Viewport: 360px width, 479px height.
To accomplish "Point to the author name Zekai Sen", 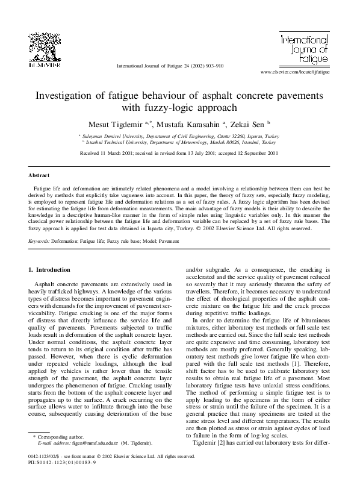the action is pos(249,124).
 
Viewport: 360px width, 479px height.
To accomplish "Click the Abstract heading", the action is pos(39,175).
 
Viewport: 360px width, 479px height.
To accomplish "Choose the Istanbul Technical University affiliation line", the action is pos(181,143).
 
